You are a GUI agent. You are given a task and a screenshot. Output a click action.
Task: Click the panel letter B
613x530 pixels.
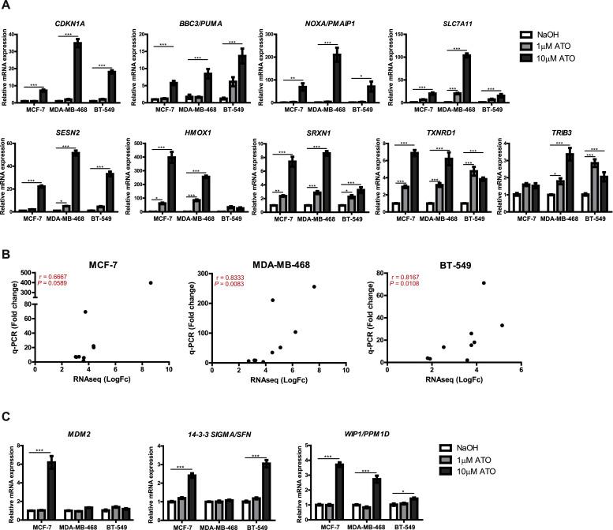tap(7, 257)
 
